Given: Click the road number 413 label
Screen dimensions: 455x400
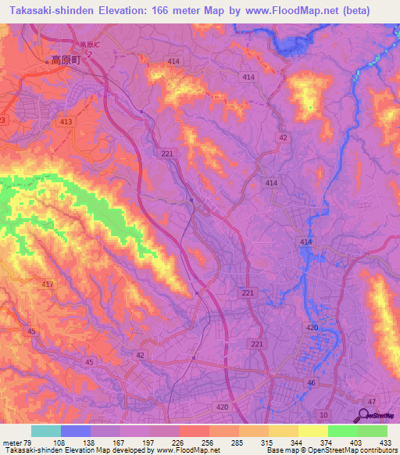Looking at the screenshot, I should (x=66, y=122).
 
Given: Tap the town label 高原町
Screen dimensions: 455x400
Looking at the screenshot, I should (x=66, y=59).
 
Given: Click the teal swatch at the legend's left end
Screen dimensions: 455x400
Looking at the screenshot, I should (x=46, y=431).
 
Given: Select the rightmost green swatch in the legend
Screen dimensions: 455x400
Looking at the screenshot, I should (x=373, y=431).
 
